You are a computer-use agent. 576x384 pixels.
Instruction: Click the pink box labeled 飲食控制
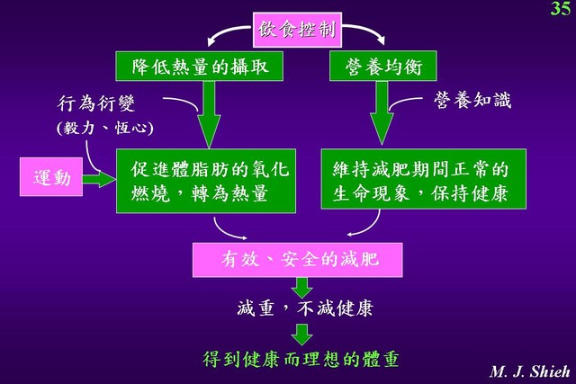pyautogui.click(x=297, y=30)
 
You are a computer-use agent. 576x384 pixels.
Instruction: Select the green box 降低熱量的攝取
pyautogui.click(x=200, y=66)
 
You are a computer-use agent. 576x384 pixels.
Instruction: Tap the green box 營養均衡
pyautogui.click(x=383, y=66)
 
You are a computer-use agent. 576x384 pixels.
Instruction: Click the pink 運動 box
pyautogui.click(x=51, y=177)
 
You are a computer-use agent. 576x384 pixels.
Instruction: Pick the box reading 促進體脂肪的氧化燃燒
pyautogui.click(x=206, y=181)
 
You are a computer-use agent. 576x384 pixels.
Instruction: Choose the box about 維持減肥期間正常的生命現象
pyautogui.click(x=424, y=179)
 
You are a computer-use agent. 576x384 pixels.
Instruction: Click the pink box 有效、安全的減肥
pyautogui.click(x=298, y=260)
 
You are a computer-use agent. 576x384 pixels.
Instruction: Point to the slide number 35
pyautogui.click(x=560, y=8)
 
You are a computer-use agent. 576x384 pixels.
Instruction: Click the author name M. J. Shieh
pyautogui.click(x=529, y=371)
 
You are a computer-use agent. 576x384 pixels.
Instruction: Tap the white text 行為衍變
pyautogui.click(x=96, y=103)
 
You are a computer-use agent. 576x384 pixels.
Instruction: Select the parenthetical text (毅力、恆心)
pyautogui.click(x=105, y=128)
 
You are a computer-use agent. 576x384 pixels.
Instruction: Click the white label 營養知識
pyautogui.click(x=472, y=100)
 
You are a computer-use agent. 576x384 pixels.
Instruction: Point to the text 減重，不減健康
pyautogui.click(x=305, y=308)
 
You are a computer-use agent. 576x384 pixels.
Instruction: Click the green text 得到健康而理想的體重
pyautogui.click(x=301, y=359)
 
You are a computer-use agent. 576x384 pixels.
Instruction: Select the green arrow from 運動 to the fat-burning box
pyautogui.click(x=99, y=179)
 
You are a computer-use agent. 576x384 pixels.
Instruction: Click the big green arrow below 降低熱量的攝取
pyautogui.click(x=209, y=114)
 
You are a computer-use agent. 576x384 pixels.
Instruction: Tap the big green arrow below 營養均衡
pyautogui.click(x=382, y=112)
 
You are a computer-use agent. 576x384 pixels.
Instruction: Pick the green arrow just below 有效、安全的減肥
pyautogui.click(x=302, y=288)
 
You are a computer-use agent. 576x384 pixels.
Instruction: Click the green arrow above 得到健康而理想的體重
pyautogui.click(x=302, y=335)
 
